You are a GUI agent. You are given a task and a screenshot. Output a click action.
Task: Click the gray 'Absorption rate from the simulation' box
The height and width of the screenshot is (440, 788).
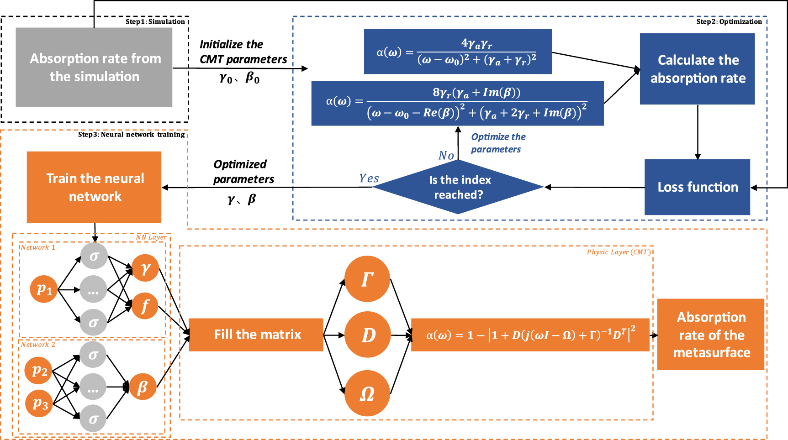(x=94, y=67)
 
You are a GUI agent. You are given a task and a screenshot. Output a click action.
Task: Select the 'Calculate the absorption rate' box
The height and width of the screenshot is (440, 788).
(x=697, y=69)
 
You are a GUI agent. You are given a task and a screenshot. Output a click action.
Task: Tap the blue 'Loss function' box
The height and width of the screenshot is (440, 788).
(x=697, y=187)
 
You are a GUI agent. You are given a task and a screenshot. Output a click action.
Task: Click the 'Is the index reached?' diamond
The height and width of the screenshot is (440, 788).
(x=459, y=187)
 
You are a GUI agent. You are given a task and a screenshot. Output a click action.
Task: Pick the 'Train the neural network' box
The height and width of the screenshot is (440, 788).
(x=94, y=187)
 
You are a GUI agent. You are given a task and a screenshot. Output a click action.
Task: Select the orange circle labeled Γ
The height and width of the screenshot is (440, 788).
(x=367, y=279)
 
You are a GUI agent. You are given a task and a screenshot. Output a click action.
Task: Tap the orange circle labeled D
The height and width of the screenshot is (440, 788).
(x=367, y=335)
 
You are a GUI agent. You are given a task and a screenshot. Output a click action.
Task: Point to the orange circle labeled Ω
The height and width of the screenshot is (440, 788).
(x=367, y=393)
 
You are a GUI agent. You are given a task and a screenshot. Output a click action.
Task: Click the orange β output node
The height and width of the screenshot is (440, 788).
(x=143, y=387)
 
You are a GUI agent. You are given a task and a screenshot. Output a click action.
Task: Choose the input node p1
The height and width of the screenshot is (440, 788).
(x=44, y=288)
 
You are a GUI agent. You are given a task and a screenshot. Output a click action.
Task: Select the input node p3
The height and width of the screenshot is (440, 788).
(x=40, y=403)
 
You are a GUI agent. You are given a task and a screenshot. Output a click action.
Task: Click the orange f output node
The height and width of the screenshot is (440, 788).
(x=145, y=306)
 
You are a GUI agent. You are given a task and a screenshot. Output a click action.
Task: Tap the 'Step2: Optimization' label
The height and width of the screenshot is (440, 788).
(x=729, y=21)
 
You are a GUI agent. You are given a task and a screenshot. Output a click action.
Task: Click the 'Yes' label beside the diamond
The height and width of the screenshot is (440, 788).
(x=369, y=178)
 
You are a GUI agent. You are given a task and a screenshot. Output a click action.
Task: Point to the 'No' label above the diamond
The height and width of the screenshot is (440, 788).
(x=446, y=156)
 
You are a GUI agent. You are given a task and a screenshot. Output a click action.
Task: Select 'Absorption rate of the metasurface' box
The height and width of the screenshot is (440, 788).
(x=711, y=335)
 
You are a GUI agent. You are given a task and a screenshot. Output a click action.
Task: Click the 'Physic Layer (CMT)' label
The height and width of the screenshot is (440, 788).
(x=619, y=252)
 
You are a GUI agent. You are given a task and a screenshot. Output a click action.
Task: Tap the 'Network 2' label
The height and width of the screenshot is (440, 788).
(x=38, y=345)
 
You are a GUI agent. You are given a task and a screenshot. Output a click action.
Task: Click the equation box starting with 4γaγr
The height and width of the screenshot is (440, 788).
(x=458, y=52)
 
